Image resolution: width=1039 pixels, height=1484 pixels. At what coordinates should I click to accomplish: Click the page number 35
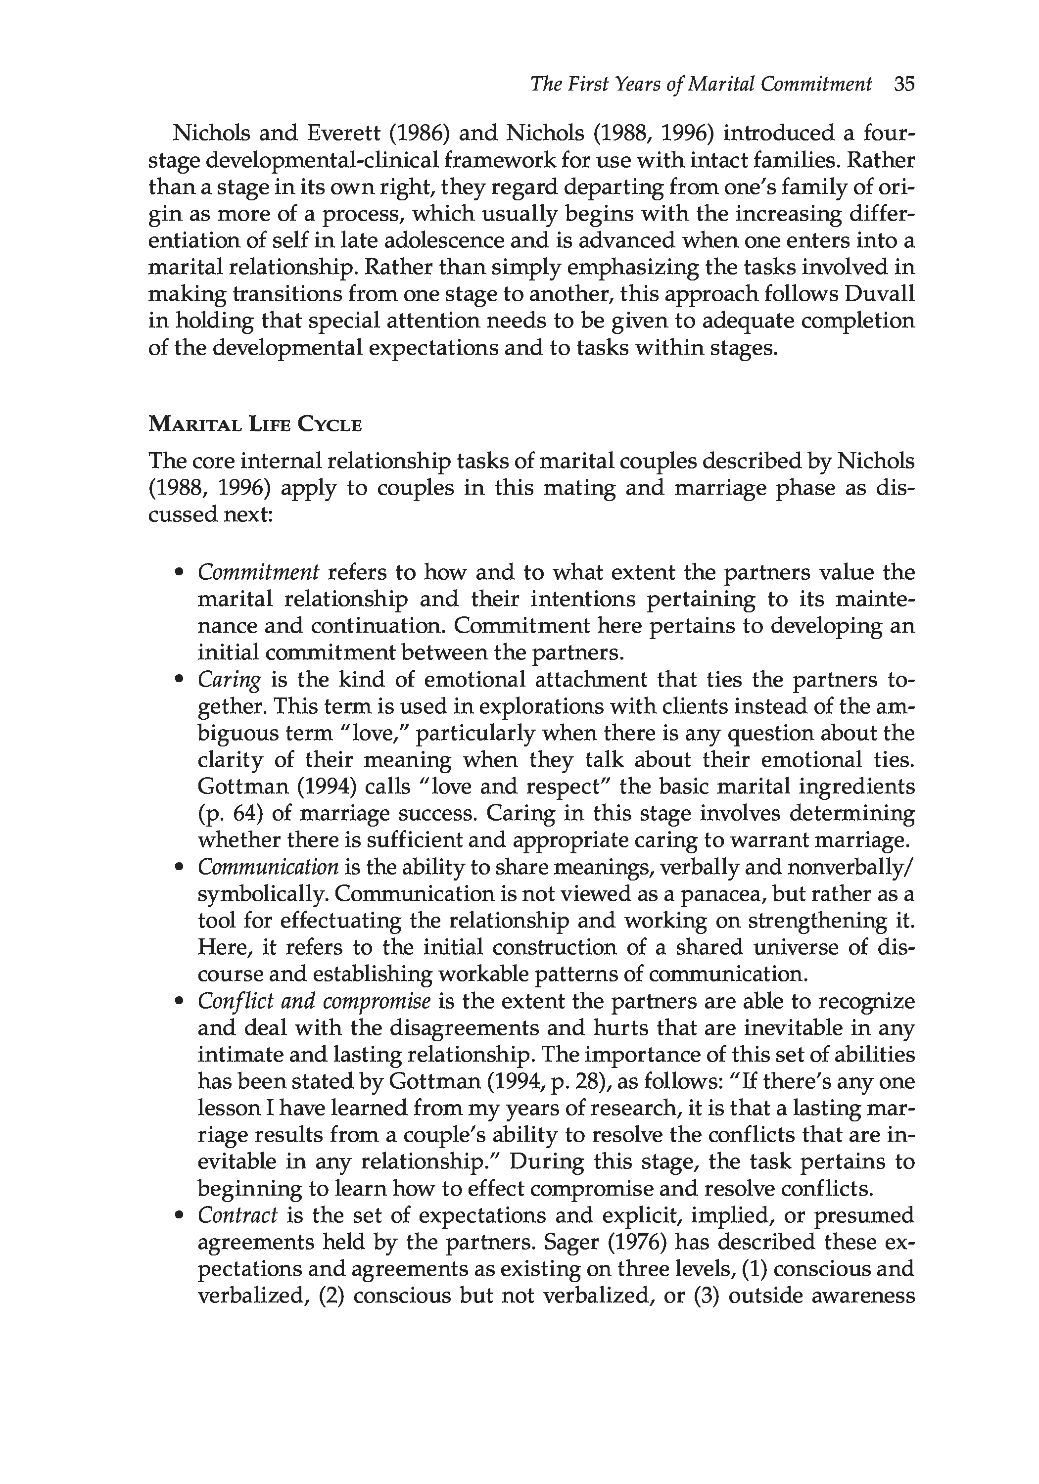tap(904, 85)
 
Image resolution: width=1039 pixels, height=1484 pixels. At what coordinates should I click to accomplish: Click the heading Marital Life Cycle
tap(255, 424)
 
